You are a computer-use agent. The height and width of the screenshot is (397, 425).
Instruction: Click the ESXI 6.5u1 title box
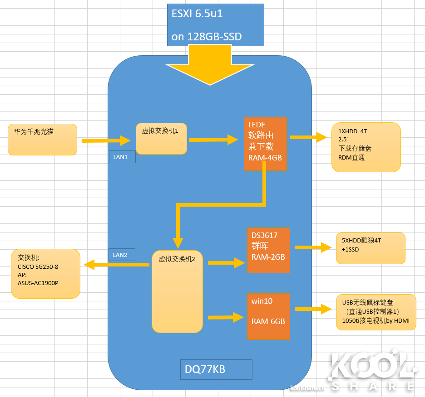pyautogui.click(x=216, y=25)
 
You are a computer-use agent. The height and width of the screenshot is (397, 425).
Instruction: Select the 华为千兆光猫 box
pyautogui.click(x=42, y=140)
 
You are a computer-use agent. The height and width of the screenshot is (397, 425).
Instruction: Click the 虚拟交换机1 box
pyautogui.click(x=161, y=138)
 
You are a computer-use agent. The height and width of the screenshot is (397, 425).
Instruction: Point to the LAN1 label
pyautogui.click(x=122, y=157)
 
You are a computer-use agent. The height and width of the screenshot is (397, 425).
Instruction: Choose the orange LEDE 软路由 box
pyautogui.click(x=265, y=144)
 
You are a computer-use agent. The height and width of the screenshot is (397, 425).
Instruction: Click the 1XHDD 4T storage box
pyautogui.click(x=366, y=147)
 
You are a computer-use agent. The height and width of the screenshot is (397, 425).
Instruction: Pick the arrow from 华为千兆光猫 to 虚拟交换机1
pyautogui.click(x=106, y=141)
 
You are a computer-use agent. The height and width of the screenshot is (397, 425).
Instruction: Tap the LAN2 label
pyautogui.click(x=122, y=255)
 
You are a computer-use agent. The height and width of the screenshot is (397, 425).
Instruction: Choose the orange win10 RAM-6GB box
pyautogui.click(x=268, y=316)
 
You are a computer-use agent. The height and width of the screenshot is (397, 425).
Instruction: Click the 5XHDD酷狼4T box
pyautogui.click(x=370, y=248)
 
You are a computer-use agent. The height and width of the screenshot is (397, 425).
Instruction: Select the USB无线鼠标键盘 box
pyautogui.click(x=376, y=312)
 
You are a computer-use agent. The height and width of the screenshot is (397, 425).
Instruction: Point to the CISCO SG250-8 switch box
pyautogui.click(x=45, y=273)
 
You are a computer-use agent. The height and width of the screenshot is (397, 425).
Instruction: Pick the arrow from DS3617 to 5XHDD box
pyautogui.click(x=313, y=247)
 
